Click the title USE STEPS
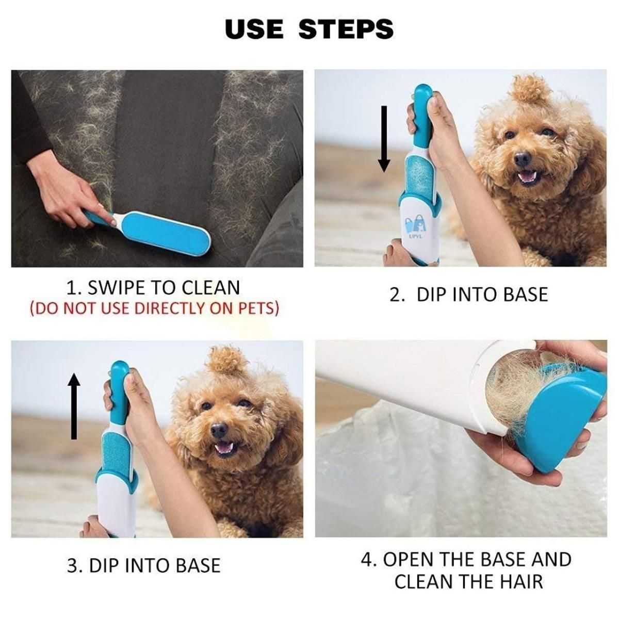tap(309, 29)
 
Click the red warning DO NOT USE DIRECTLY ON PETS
tap(154, 308)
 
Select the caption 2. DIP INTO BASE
tap(468, 295)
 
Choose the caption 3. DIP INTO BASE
tap(144, 565)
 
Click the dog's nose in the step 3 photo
tap(219, 429)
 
